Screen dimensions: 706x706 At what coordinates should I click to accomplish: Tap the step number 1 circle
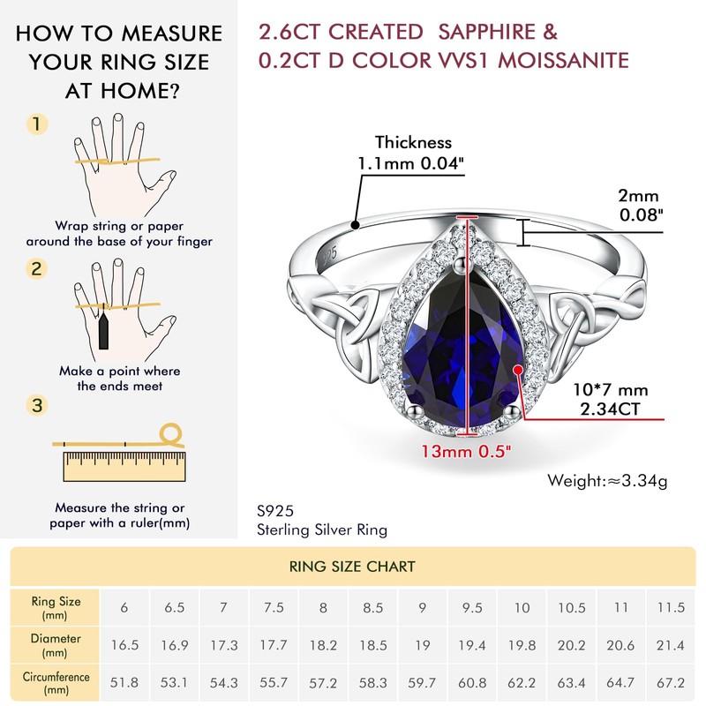tap(36, 124)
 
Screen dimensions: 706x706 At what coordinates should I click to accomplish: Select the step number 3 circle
tap(36, 405)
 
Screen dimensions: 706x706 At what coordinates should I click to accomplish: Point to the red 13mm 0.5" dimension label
tap(467, 451)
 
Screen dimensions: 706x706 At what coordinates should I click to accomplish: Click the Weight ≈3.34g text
tap(608, 481)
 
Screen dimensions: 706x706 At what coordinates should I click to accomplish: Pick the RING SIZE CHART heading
tap(353, 566)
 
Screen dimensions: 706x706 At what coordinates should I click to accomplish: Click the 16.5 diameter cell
tap(124, 646)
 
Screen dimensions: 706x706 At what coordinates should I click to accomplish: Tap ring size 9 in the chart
tap(423, 608)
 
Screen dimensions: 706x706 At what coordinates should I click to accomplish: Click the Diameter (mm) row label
tap(56, 646)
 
